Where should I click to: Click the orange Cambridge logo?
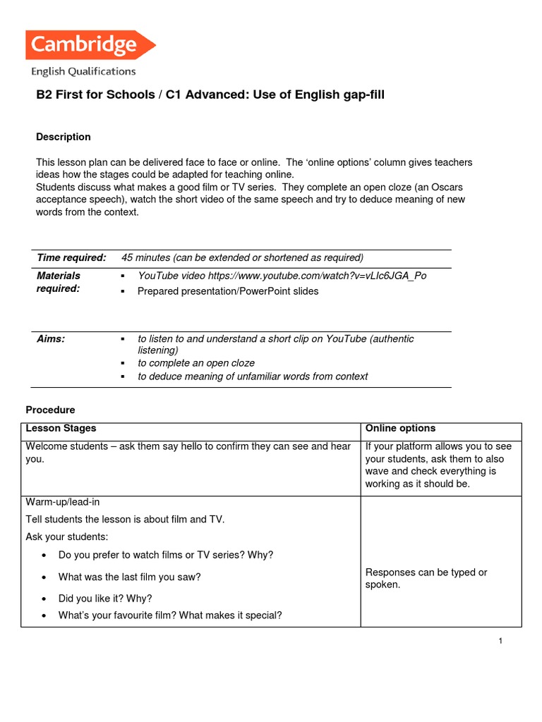tap(90, 45)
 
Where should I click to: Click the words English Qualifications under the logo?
tap(83, 71)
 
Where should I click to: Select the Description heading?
tap(64, 137)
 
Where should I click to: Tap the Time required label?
tap(71, 257)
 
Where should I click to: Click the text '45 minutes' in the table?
tap(145, 257)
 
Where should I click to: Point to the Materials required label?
tap(59, 282)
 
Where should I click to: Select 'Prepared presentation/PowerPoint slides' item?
tap(228, 291)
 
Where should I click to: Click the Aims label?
tap(51, 339)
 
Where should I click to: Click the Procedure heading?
tap(50, 410)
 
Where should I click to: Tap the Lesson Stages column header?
tap(61, 428)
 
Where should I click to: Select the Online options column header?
tap(400, 428)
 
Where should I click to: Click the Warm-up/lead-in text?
tap(63, 501)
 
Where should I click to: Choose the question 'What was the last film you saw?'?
tap(130, 577)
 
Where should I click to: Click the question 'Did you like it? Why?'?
tap(105, 599)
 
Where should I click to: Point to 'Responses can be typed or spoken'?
tap(426, 578)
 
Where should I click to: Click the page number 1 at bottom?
tap(500, 641)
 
